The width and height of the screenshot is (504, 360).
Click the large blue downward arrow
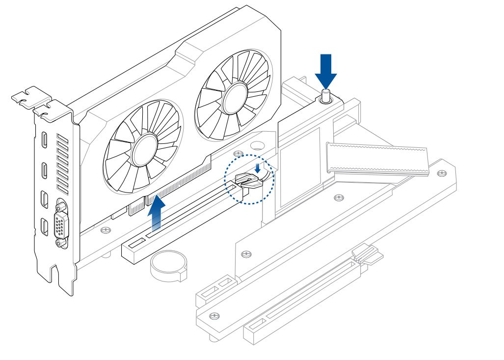[325, 68]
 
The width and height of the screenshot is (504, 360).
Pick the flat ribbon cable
[378, 158]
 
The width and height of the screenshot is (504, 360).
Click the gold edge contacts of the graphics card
[177, 187]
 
